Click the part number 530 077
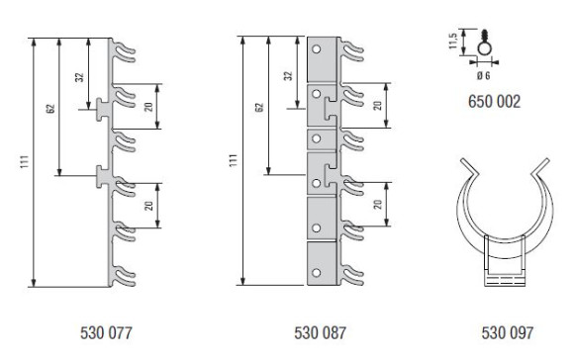tap(106, 333)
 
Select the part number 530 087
tap(320, 333)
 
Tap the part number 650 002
tap(494, 101)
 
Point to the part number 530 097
tap(508, 333)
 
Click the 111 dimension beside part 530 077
tap(24, 162)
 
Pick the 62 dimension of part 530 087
tap(259, 108)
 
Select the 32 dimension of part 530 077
tap(79, 77)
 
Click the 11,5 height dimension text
tap(453, 41)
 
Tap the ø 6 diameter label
tap(483, 75)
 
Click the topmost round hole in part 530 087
tap(317, 49)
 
